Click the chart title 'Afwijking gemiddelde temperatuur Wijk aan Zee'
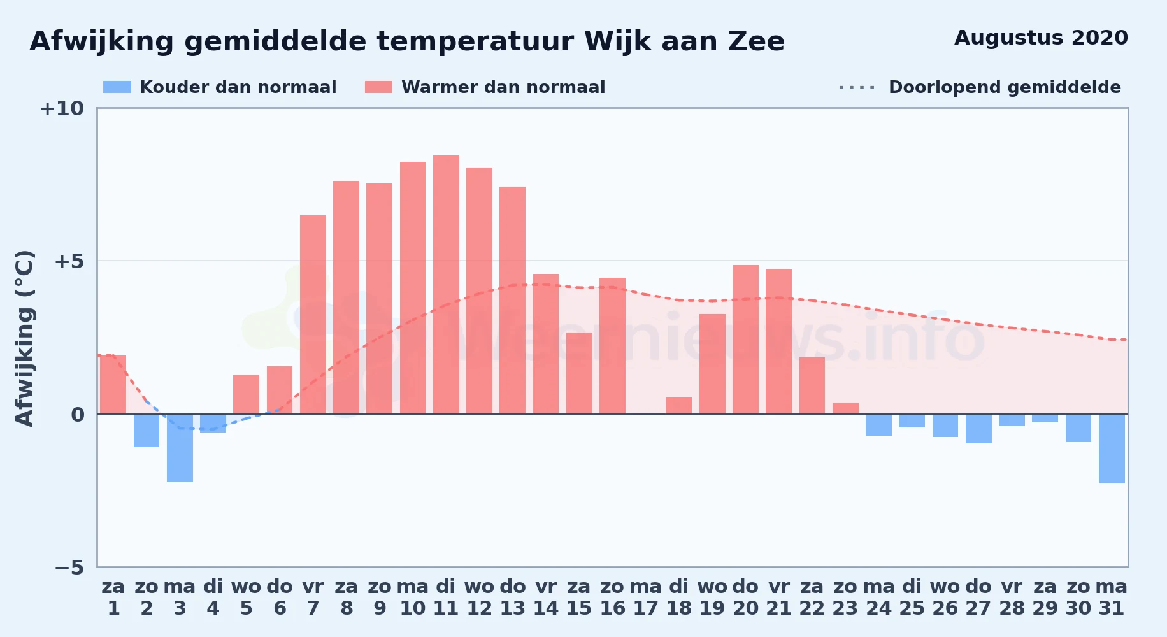click(407, 42)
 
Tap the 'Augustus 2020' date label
click(1041, 38)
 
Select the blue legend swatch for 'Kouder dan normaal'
click(117, 87)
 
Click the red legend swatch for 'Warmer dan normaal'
click(378, 87)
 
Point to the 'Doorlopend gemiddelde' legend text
click(1005, 87)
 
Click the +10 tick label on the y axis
click(62, 109)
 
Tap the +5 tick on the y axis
click(69, 261)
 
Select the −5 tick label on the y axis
click(69, 568)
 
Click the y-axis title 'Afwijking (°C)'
click(24, 338)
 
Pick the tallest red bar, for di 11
click(446, 285)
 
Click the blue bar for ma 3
click(180, 448)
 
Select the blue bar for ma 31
click(1112, 448)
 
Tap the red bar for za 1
click(113, 385)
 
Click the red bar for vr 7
click(313, 315)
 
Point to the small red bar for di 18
click(679, 406)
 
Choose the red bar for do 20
click(745, 340)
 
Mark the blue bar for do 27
click(978, 429)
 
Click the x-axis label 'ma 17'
click(646, 598)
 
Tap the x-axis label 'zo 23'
click(845, 598)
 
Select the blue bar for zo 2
click(147, 431)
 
